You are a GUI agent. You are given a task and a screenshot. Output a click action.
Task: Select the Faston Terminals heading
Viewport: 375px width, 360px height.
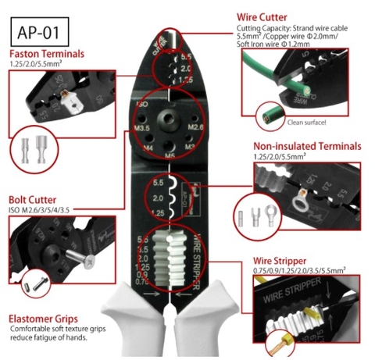click(x=48, y=54)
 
